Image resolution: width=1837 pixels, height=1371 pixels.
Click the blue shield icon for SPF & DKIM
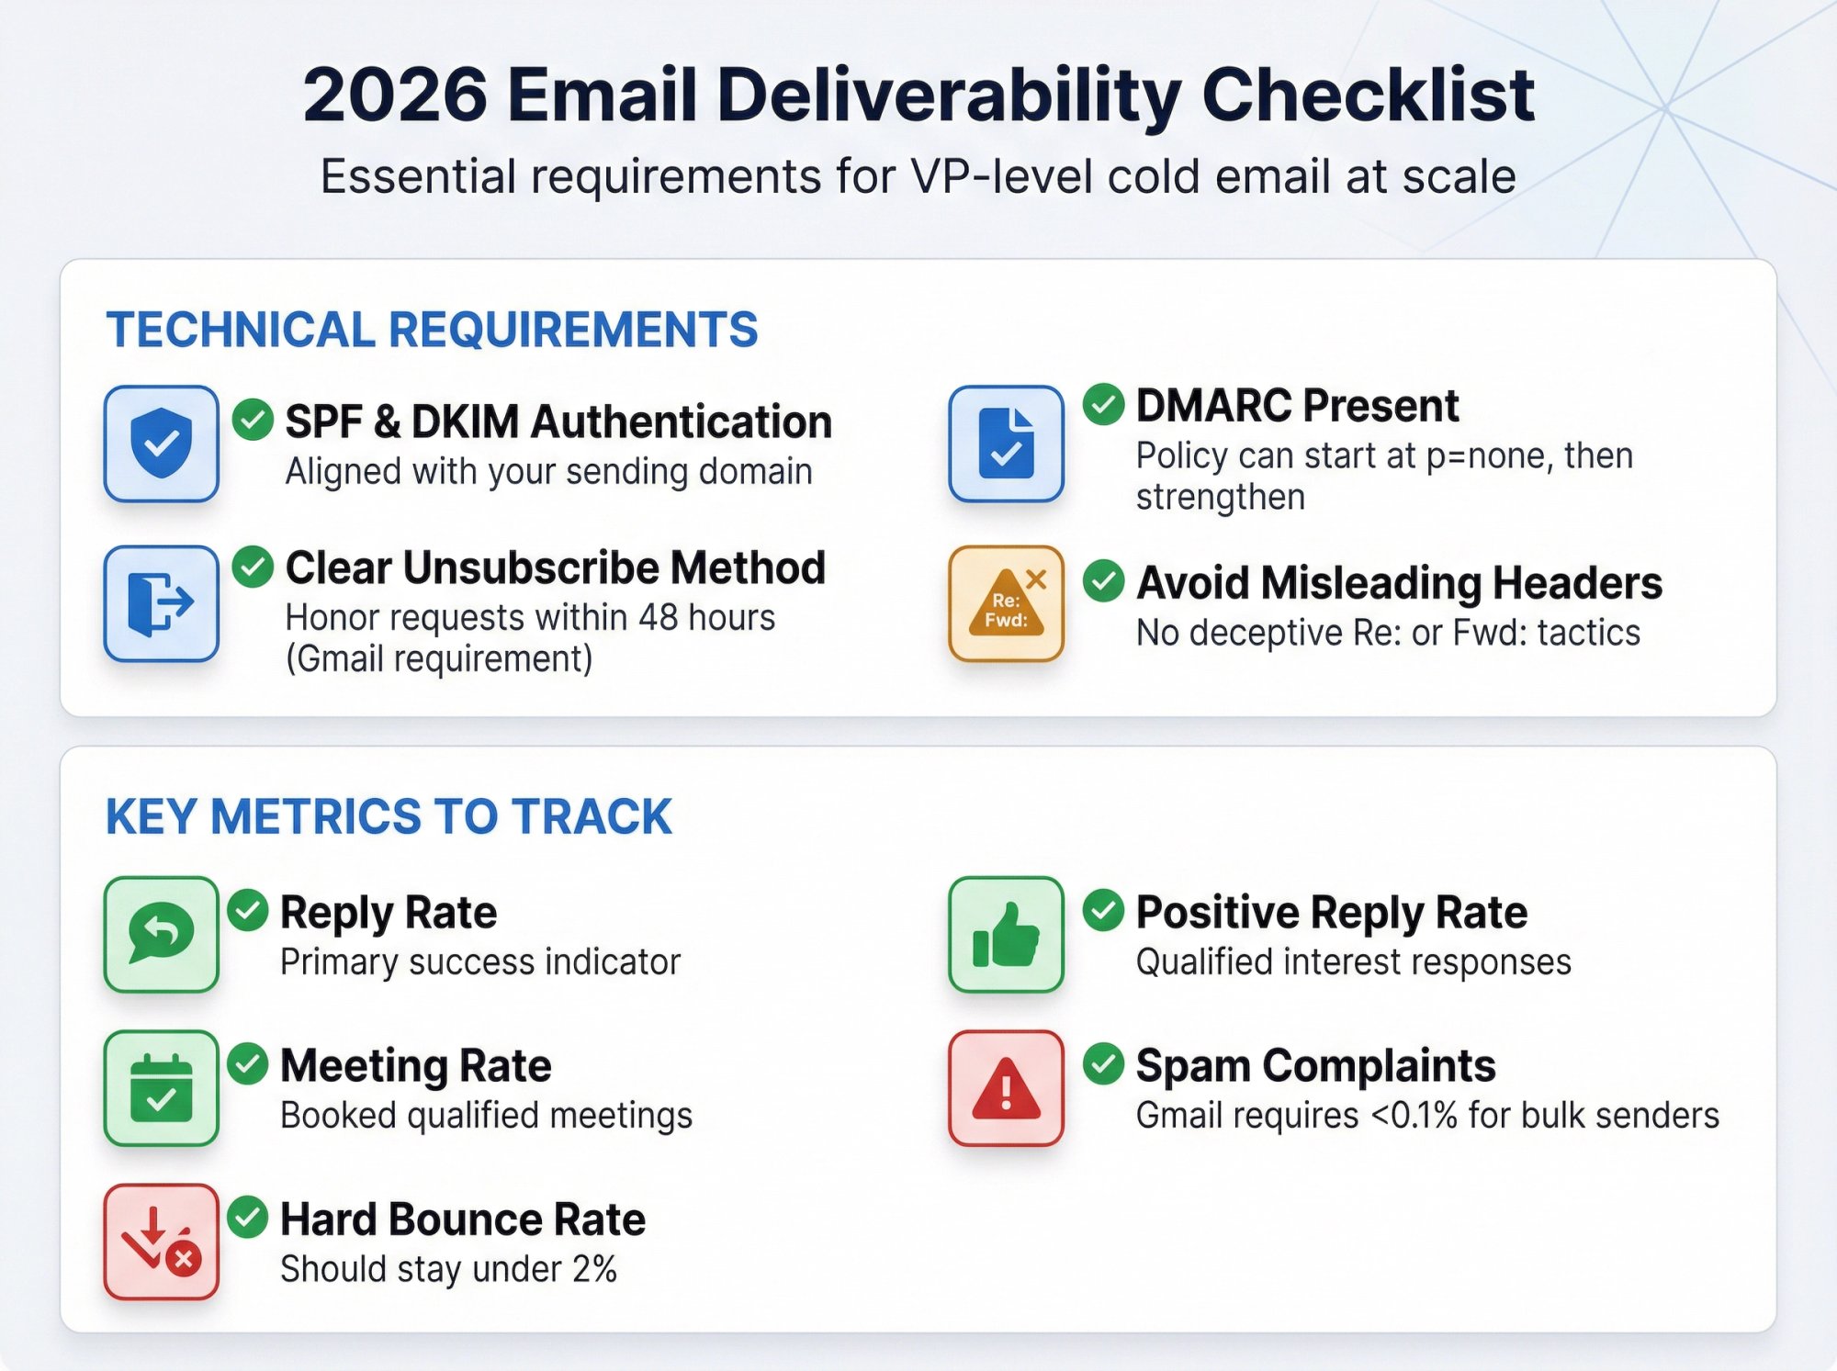pyautogui.click(x=161, y=444)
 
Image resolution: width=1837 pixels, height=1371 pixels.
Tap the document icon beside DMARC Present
pyautogui.click(x=1006, y=444)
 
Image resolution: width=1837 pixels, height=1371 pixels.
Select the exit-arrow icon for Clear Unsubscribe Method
pyautogui.click(x=161, y=603)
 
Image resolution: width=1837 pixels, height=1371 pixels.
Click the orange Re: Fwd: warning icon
pyautogui.click(x=1006, y=603)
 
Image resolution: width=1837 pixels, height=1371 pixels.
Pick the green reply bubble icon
pyautogui.click(x=161, y=934)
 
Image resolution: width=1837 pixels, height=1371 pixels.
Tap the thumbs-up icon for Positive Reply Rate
pyautogui.click(x=1006, y=934)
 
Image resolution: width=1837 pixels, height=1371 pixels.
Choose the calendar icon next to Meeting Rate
pyautogui.click(x=161, y=1088)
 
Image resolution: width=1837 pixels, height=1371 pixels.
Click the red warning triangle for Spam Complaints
pyautogui.click(x=1006, y=1088)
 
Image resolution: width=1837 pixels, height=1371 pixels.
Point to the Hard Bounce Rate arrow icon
pyautogui.click(x=161, y=1242)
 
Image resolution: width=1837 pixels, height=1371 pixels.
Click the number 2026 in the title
pyautogui.click(x=395, y=95)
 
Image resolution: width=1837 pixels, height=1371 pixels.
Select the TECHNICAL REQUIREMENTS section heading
pyautogui.click(x=432, y=330)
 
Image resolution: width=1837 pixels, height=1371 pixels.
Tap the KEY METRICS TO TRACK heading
pyautogui.click(x=389, y=816)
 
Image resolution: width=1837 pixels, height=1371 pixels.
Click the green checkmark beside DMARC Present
pyautogui.click(x=1103, y=404)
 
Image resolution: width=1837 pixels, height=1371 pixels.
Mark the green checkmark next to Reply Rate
pyautogui.click(x=248, y=910)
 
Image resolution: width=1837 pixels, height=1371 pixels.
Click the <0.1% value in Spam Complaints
pyautogui.click(x=1414, y=1116)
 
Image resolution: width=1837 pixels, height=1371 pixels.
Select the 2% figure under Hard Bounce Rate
pyautogui.click(x=593, y=1269)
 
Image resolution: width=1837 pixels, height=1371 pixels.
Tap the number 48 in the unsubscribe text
pyautogui.click(x=659, y=618)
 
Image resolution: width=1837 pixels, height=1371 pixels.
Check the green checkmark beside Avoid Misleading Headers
pyautogui.click(x=1103, y=581)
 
